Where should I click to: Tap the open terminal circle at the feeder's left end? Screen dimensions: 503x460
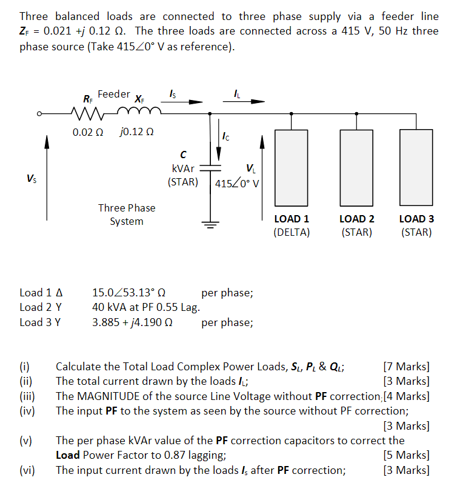click(x=38, y=113)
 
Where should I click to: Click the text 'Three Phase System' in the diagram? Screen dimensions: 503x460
click(x=127, y=215)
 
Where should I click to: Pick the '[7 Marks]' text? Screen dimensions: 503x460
click(x=407, y=366)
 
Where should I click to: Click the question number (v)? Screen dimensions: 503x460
click(x=26, y=441)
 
